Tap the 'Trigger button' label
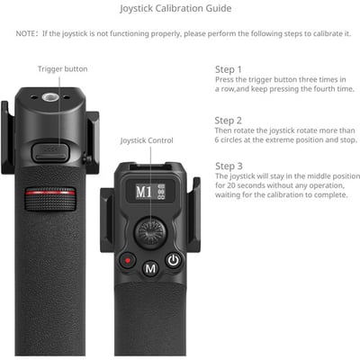coord(63,69)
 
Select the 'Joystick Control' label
coord(147,141)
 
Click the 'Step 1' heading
coord(228,69)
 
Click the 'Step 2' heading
coord(228,120)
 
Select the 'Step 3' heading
coord(228,166)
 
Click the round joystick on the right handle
coord(149,231)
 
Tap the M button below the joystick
coord(150,266)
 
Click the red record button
coord(127,262)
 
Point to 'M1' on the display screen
coord(143,192)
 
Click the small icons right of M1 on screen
coord(161,192)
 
